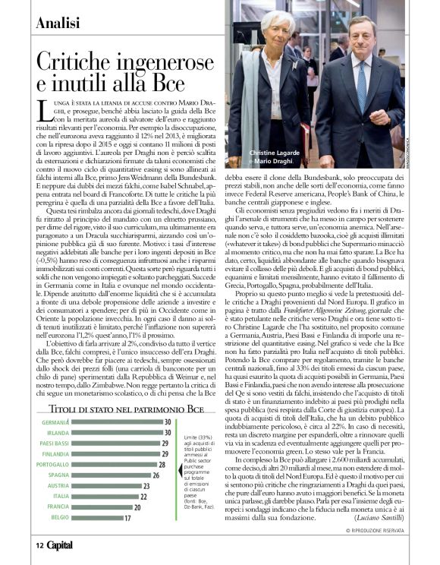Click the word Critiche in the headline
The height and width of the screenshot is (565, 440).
coord(81,62)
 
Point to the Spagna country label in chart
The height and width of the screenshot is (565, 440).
coord(58,475)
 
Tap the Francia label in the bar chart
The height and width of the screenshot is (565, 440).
coord(58,507)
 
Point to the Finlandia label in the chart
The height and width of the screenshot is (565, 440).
coord(55,453)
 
